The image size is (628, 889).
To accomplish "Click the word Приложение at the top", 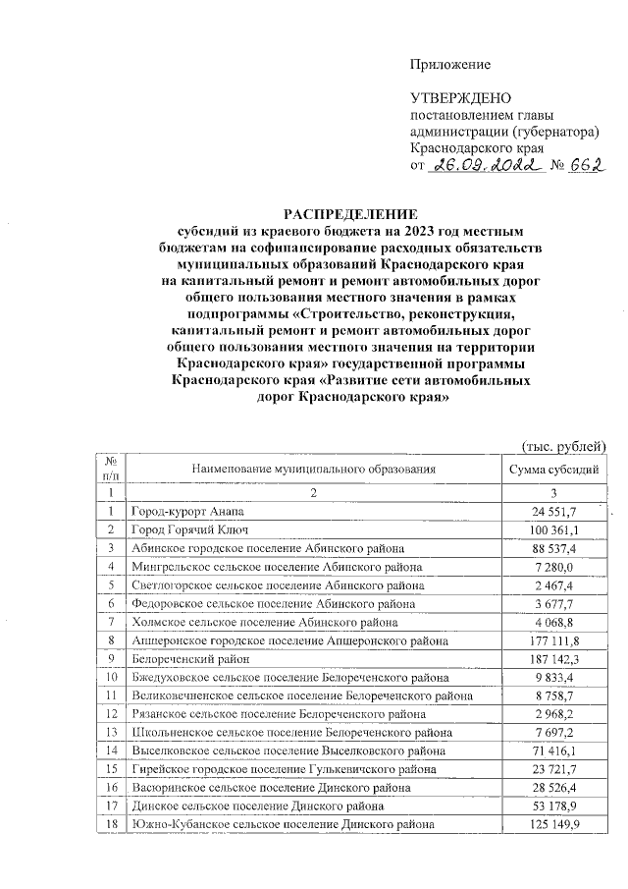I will point(449,65).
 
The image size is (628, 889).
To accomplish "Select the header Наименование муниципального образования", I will point(313,469).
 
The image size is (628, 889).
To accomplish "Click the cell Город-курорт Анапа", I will point(187,512).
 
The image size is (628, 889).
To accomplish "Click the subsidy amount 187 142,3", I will point(555,658).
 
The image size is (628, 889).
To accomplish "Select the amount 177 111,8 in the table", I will point(555,639).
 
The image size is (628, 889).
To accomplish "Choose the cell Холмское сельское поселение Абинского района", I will point(264,622).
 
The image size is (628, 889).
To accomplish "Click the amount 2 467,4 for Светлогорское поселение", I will point(559,585).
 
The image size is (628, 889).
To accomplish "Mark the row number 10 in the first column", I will point(112,677).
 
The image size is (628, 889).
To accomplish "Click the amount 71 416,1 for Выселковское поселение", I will point(557,750).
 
